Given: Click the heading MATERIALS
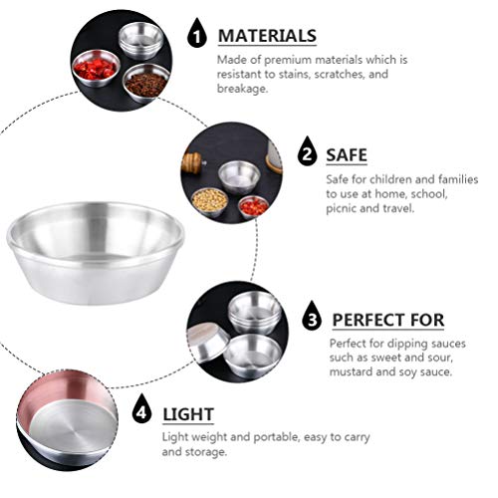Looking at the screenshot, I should point(267,36).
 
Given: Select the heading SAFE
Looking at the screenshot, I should point(349,154).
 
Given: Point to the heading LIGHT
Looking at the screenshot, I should point(188,412).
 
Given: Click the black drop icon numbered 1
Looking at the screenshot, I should point(198,36).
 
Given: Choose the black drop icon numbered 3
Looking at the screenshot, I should point(312,318).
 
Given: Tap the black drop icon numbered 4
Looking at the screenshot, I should point(142,410).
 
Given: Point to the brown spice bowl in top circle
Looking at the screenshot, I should point(146,84).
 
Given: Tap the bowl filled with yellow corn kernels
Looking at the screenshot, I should point(209,199).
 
